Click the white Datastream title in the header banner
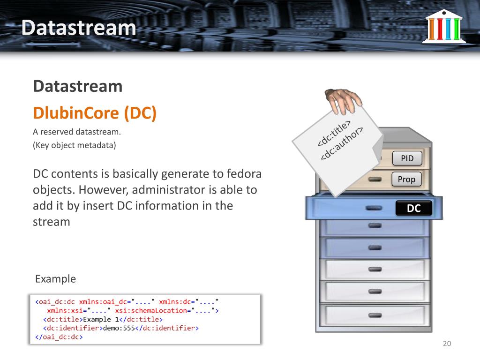tap(78, 28)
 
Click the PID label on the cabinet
tap(407, 158)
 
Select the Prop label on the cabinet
tap(406, 179)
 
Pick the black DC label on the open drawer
tap(413, 209)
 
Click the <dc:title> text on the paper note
tap(334, 134)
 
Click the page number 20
tap(447, 344)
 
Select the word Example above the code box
tap(55, 279)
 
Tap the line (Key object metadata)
tap(74, 145)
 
